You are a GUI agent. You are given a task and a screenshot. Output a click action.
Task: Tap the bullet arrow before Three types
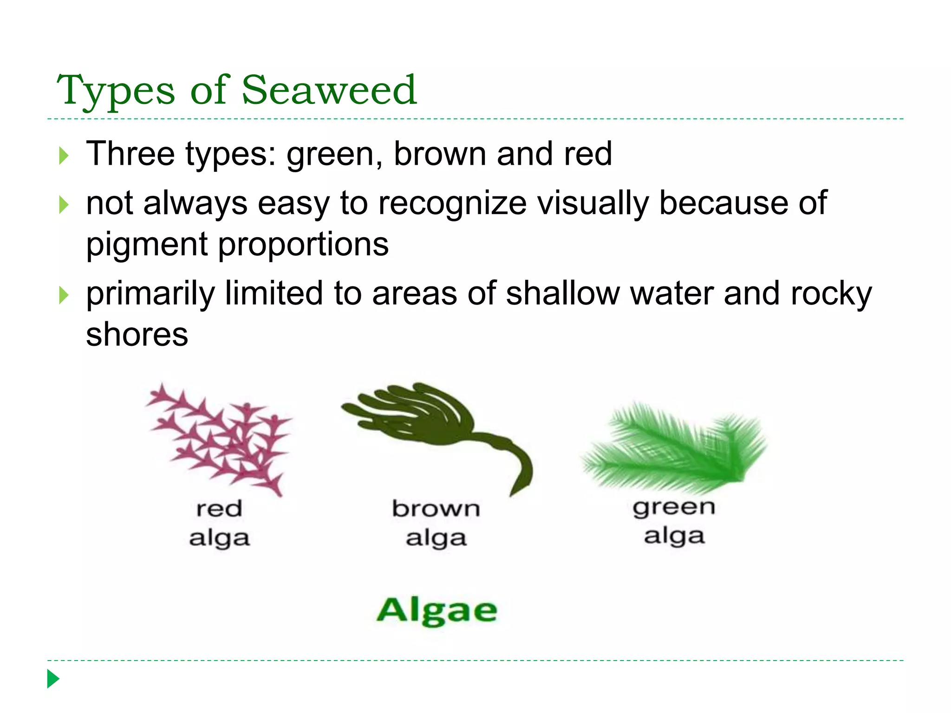pos(64,156)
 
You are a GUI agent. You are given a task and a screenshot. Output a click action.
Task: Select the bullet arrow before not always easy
pos(64,205)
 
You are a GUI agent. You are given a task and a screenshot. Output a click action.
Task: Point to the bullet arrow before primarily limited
pos(64,295)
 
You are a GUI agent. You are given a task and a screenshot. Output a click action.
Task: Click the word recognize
pos(452,204)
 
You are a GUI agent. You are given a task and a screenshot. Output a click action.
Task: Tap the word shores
pos(137,335)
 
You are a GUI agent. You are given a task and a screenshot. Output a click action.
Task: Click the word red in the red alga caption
pos(219,509)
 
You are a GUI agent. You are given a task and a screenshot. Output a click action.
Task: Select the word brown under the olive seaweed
pos(436,509)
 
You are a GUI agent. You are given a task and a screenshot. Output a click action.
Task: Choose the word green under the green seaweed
pos(674,508)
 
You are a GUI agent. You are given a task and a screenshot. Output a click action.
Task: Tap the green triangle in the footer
pos(53,679)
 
